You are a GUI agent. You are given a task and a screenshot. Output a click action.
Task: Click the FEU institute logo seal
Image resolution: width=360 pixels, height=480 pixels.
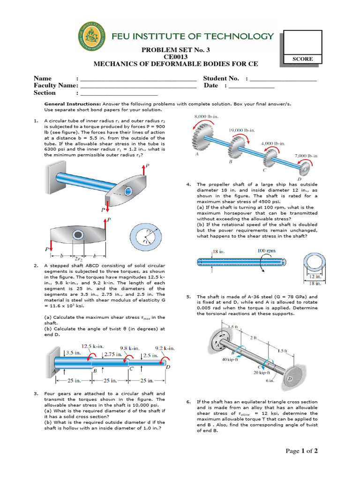pos(92,39)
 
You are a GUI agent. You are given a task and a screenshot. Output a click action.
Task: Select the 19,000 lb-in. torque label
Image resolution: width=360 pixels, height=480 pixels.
pos(242,130)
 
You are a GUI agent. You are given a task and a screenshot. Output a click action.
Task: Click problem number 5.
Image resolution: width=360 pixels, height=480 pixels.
pos(188,297)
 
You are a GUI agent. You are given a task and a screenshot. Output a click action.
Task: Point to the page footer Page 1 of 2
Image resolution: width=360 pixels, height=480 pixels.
pos(302,451)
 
